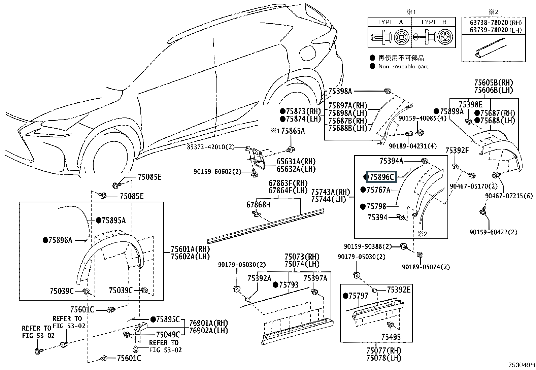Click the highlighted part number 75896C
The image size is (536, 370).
pyautogui.click(x=381, y=177)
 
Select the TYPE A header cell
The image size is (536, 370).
pyautogui.click(x=390, y=22)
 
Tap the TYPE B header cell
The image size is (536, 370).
pyautogui.click(x=433, y=22)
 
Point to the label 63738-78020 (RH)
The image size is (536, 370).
pyautogui.click(x=496, y=23)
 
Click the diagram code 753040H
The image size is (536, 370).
pyautogui.click(x=521, y=365)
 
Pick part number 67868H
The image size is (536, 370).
pyautogui.click(x=258, y=205)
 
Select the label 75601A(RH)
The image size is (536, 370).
pyautogui.click(x=190, y=249)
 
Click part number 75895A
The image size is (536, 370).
pyautogui.click(x=113, y=221)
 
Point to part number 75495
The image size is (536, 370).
pyautogui.click(x=391, y=337)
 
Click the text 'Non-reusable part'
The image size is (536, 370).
pyautogui.click(x=403, y=67)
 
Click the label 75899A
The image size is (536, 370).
pyautogui.click(x=452, y=111)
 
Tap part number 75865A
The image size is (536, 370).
pyautogui.click(x=293, y=131)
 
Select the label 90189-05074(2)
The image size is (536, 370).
pyautogui.click(x=426, y=267)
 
